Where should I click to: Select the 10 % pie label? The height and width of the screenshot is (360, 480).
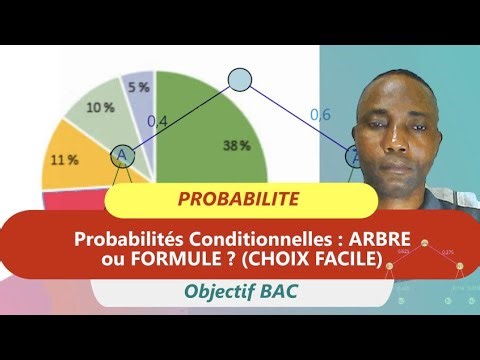[x=99, y=107]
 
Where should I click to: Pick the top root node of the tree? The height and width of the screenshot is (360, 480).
[x=239, y=80]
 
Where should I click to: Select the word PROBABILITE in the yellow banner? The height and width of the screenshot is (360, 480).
[x=238, y=199]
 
